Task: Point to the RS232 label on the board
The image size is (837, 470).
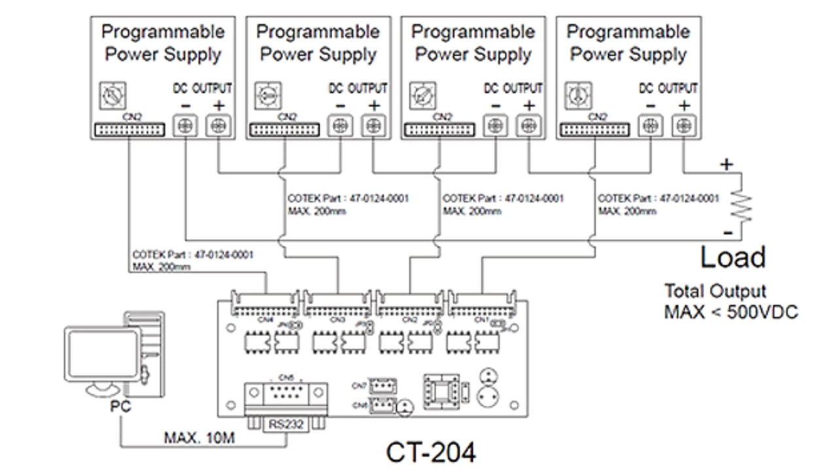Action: click(286, 424)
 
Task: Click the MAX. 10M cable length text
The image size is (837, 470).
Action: click(199, 437)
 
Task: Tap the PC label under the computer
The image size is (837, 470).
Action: click(120, 407)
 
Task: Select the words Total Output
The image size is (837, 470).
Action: click(715, 292)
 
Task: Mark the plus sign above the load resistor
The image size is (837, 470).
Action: click(726, 165)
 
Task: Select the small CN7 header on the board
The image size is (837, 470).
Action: click(383, 384)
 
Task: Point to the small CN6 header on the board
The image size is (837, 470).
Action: click(383, 405)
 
